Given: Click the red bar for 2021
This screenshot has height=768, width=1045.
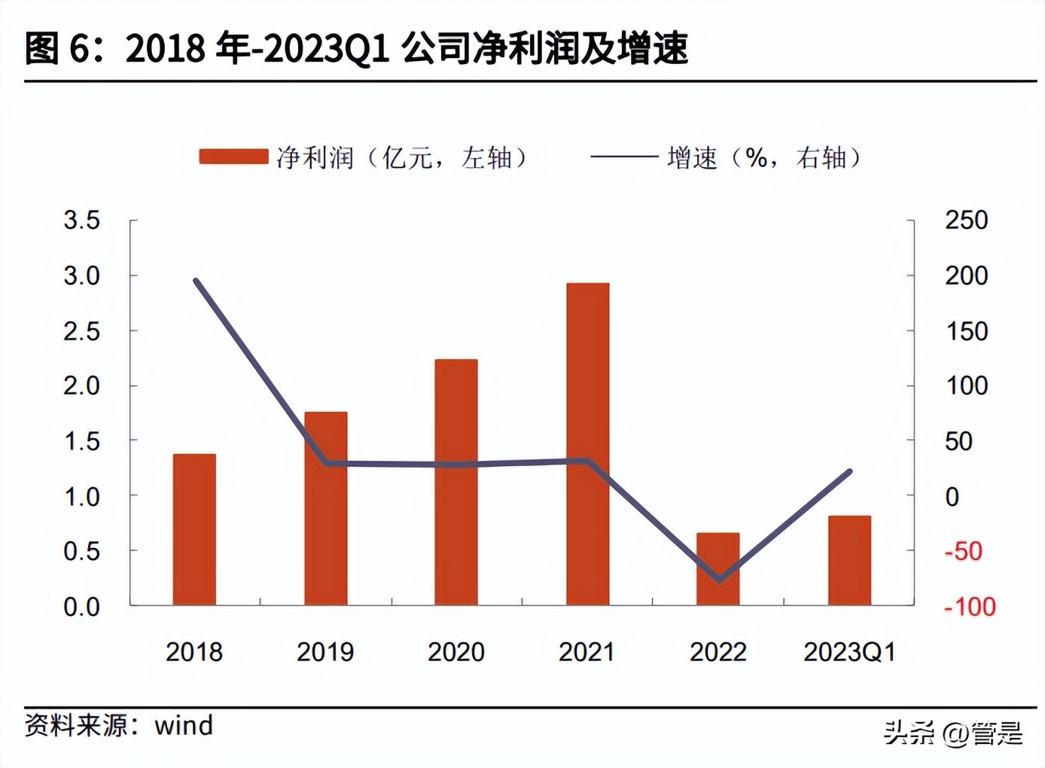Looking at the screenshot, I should click(587, 444).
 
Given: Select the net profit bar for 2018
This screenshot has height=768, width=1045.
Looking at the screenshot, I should click(194, 529).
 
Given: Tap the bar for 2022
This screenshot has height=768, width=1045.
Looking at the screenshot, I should click(717, 568).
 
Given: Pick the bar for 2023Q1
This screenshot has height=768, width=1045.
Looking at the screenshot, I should click(849, 560).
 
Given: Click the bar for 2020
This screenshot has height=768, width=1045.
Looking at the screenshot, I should click(456, 482).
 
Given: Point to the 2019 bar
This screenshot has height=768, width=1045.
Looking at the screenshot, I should click(325, 508).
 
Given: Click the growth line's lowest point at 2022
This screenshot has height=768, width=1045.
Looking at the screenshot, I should click(719, 580).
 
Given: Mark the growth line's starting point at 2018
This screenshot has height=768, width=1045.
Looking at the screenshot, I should click(196, 281).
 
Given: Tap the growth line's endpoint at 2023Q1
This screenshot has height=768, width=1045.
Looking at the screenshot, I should click(849, 471).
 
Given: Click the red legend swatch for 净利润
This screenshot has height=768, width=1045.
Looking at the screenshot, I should click(233, 157).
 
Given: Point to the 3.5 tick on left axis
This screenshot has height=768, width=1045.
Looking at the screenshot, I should click(81, 221).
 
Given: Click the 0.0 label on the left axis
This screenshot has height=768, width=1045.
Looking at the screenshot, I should click(81, 607).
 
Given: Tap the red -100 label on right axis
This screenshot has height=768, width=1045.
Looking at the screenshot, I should click(970, 607).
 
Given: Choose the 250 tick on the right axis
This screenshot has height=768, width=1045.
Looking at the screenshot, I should click(966, 221).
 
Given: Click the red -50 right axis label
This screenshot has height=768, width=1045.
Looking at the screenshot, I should click(963, 551).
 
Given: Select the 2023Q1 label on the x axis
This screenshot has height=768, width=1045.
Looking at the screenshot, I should click(849, 652).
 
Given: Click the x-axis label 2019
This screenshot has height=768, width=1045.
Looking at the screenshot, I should click(325, 652).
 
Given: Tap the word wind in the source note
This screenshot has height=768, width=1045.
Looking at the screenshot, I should click(184, 726).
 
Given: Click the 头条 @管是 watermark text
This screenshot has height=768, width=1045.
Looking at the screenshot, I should click(952, 733).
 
